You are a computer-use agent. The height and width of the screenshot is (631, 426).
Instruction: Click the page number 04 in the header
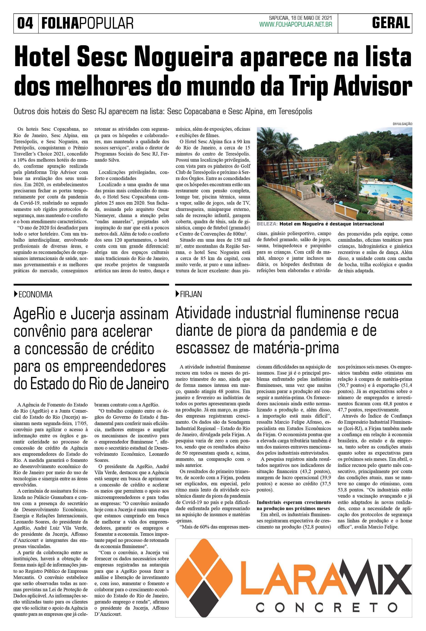pyautogui.click(x=25, y=23)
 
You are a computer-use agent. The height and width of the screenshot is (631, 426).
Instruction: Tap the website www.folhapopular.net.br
pyautogui.click(x=296, y=25)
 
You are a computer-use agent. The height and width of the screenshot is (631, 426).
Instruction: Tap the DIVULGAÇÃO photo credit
pyautogui.click(x=402, y=124)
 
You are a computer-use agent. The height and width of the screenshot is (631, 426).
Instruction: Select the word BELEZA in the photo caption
pyautogui.click(x=267, y=224)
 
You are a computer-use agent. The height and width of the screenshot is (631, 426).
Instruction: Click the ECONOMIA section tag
pyautogui.click(x=35, y=294)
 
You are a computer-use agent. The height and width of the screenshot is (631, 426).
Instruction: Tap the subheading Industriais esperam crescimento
pyautogui.click(x=294, y=502)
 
